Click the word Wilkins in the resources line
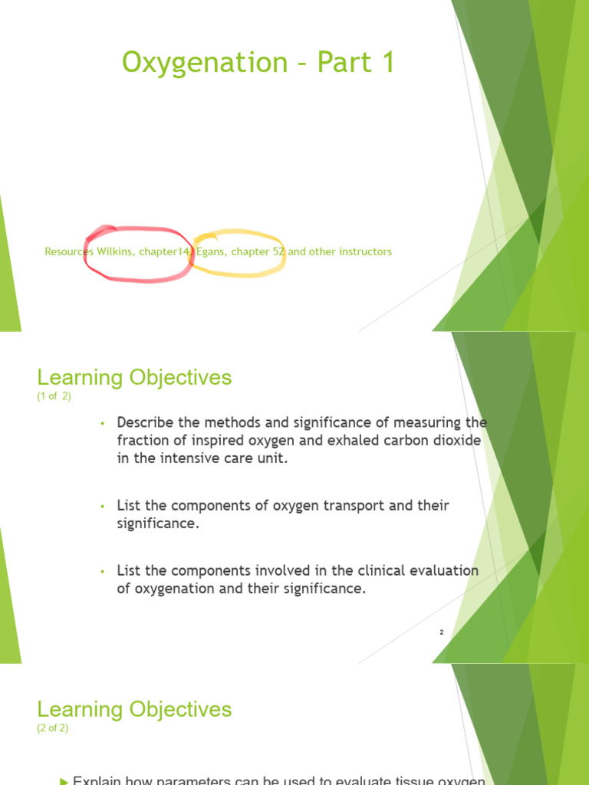[116, 251]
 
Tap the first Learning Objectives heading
[134, 377]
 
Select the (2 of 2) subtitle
[52, 728]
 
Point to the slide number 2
[442, 632]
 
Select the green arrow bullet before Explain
[64, 780]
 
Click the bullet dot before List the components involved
[101, 571]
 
